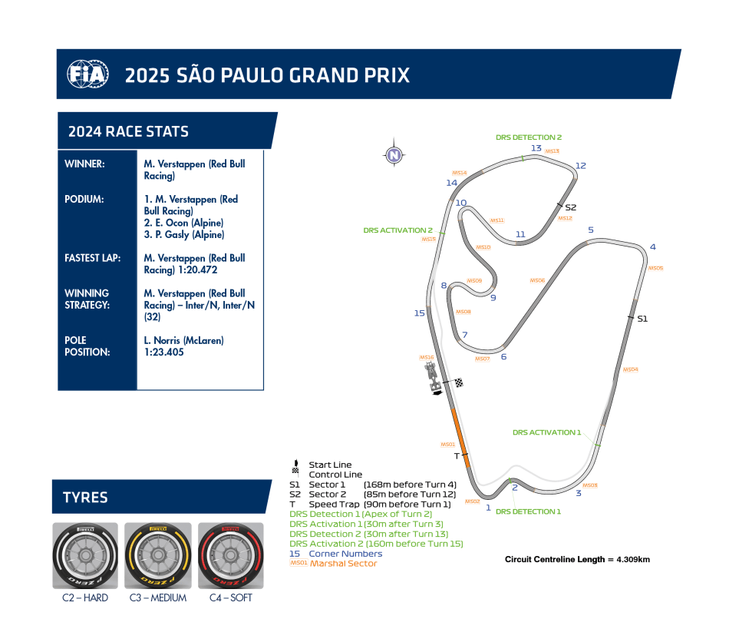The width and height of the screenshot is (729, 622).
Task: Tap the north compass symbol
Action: [394, 155]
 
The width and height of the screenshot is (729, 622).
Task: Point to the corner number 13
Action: [536, 149]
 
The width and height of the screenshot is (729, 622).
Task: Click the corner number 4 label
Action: [652, 247]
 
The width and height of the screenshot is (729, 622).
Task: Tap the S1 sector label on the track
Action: [642, 319]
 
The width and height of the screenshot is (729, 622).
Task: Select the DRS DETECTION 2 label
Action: [528, 137]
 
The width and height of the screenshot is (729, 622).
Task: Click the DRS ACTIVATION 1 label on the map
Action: [546, 433]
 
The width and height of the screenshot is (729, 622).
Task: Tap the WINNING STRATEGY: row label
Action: [87, 299]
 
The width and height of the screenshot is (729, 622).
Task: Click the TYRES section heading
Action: [85, 498]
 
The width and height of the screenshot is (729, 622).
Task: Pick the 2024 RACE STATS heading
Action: [128, 131]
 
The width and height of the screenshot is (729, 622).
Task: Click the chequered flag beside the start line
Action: [459, 382]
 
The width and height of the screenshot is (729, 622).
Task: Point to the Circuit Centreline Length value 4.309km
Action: [632, 559]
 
